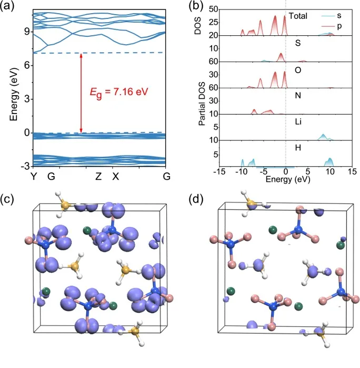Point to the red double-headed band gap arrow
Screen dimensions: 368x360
[81, 93]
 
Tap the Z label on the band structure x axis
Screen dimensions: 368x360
[98, 176]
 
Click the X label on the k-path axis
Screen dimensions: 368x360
[116, 176]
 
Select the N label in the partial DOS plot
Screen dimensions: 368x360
[298, 96]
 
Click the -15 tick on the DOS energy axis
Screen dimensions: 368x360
[218, 171]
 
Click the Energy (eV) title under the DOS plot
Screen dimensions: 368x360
[284, 179]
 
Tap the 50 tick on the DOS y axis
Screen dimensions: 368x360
[213, 9]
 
